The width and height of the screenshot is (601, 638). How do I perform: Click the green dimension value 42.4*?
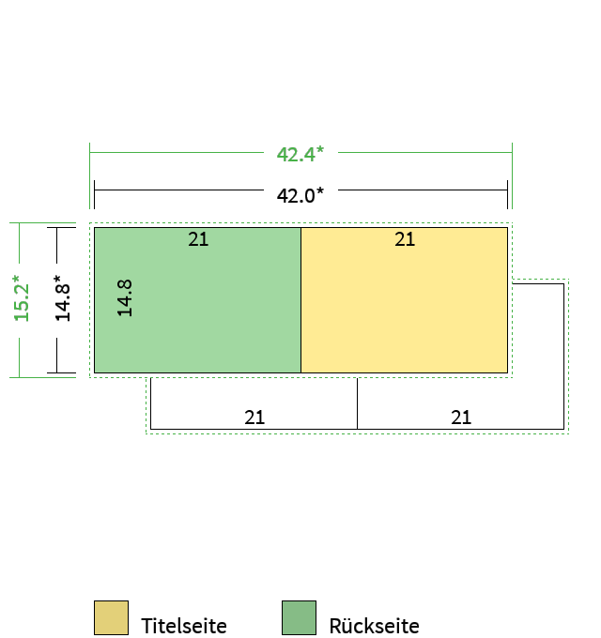coord(300,154)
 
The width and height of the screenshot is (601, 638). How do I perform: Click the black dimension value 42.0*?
coord(300,195)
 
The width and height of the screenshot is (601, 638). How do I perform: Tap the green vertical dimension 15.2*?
coord(22,298)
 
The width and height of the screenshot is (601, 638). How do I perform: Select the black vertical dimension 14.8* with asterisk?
coord(63,298)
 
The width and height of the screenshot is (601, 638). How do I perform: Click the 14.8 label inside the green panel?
coord(125,298)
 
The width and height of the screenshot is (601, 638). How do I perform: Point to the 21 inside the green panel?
coord(198,239)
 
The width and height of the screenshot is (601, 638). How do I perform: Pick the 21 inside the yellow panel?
coord(405,239)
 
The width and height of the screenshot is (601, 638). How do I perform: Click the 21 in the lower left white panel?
coord(254,418)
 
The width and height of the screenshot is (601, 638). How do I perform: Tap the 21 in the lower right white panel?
coord(461,418)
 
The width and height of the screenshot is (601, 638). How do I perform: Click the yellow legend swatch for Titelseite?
coord(111,617)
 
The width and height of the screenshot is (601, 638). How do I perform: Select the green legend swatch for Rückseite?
coord(299,617)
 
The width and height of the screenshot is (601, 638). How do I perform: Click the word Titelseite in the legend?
coord(184,626)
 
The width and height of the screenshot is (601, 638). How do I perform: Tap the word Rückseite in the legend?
coord(374,626)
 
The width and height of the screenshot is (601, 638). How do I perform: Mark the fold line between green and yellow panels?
coord(300,300)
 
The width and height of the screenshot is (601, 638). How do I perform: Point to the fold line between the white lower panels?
coord(357,403)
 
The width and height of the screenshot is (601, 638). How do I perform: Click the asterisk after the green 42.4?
coord(320,149)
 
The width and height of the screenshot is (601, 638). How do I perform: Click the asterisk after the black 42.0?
coord(320,190)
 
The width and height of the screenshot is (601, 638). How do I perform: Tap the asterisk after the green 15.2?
coord(16,279)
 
